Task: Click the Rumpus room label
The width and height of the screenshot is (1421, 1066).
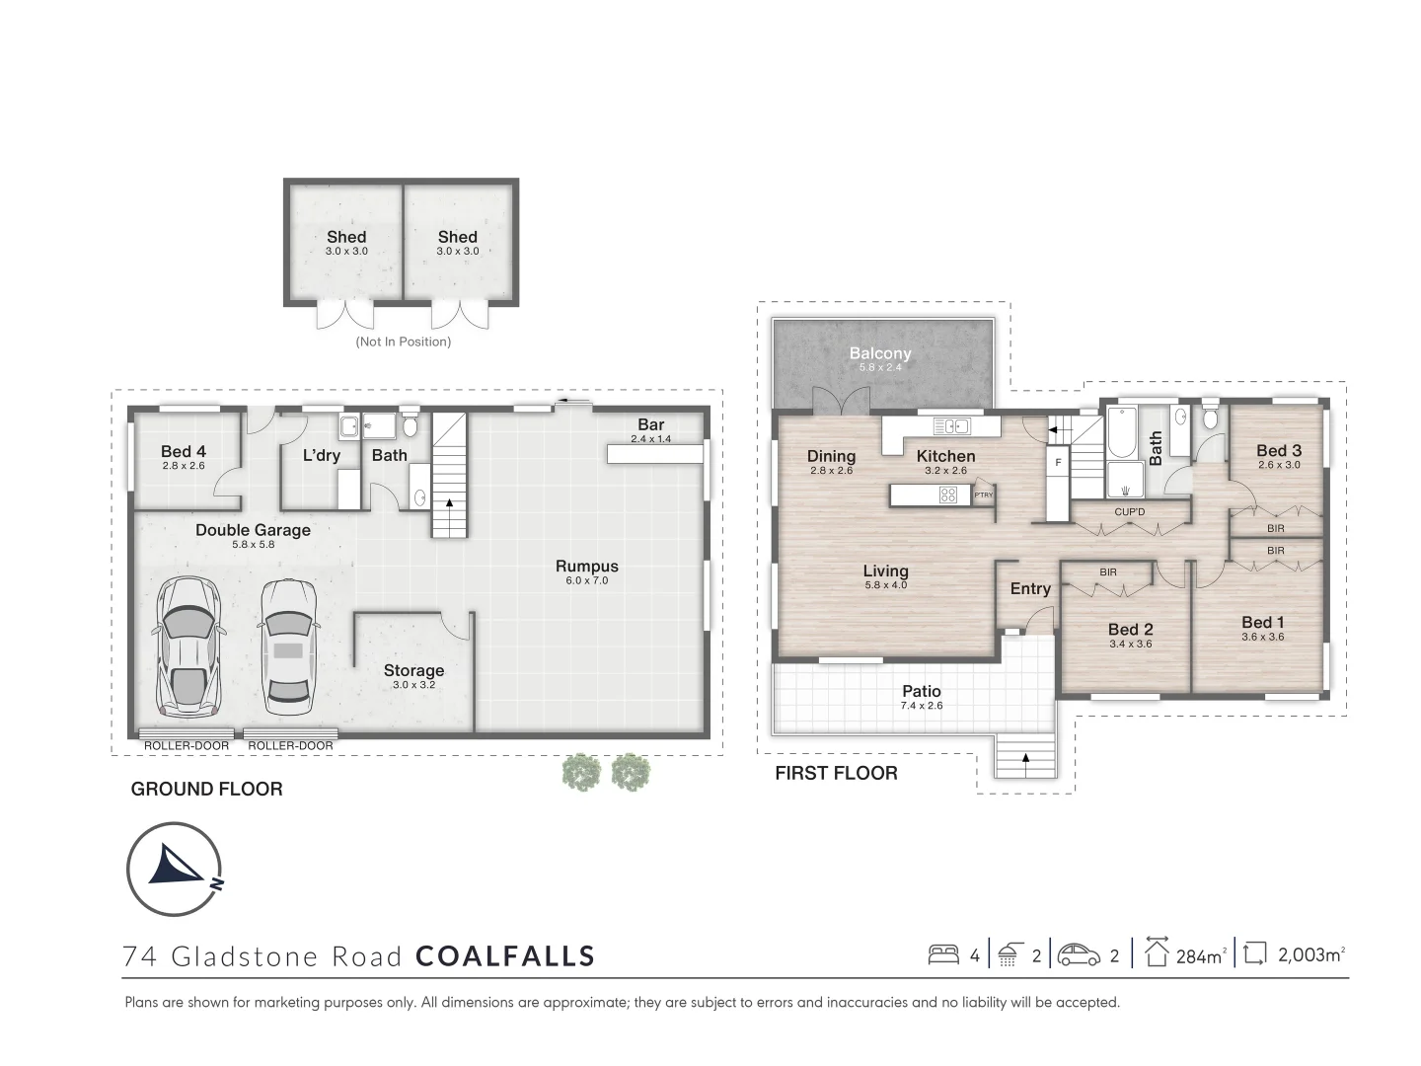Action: pos(586,567)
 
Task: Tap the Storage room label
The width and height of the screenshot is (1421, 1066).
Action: pos(413,670)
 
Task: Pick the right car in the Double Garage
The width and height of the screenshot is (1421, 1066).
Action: pos(287,646)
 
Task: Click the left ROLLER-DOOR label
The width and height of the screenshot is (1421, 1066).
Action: pos(187,745)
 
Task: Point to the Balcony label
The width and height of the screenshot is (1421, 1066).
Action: pos(880,352)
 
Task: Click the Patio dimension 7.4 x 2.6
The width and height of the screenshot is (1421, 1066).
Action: pos(921,706)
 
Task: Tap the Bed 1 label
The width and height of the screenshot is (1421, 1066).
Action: pos(1262,622)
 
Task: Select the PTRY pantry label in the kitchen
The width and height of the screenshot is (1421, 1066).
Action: pos(983,495)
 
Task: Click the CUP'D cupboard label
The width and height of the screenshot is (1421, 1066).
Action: pos(1129,512)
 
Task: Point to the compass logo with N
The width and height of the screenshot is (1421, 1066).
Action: pos(175,870)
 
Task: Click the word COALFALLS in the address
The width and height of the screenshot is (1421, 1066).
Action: pos(505,956)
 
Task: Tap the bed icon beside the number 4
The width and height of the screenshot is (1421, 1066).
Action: pos(943,954)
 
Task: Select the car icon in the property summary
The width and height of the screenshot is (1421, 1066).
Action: pos(1079,954)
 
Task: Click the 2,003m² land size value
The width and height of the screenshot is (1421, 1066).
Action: pos(1310,954)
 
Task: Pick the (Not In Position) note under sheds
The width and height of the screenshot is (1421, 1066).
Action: pos(403,342)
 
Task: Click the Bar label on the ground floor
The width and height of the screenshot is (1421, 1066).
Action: pos(650,424)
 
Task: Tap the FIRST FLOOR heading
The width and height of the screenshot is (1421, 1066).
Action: pos(836,773)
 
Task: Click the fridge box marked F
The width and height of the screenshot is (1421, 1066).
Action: pos(1058,463)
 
